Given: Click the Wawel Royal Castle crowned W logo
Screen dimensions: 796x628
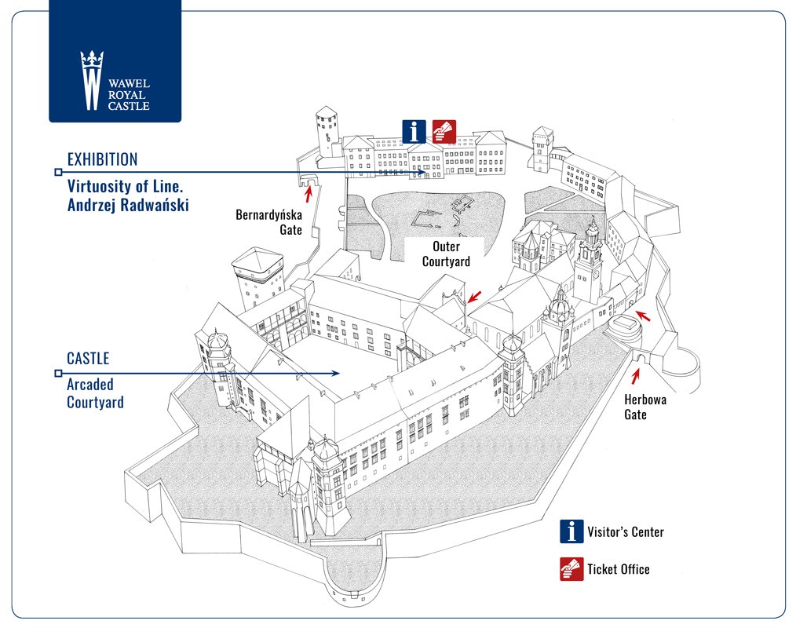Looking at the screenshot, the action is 92,80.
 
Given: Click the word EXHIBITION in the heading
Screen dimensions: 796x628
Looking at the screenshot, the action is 103,159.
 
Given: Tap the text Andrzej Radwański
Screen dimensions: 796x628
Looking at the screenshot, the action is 128,205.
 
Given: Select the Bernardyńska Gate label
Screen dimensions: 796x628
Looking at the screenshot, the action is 268,222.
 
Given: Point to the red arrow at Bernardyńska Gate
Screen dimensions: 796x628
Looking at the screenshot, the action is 308,195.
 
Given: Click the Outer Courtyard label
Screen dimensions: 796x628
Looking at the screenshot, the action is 446,254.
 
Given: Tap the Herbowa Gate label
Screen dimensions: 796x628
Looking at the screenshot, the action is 644,407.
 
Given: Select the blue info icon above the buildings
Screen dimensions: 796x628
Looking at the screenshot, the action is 414,132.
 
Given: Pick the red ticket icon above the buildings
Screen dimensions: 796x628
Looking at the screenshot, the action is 444,132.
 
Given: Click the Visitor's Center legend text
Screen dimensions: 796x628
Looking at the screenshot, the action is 626,532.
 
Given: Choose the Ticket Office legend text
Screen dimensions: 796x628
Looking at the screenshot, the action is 619,569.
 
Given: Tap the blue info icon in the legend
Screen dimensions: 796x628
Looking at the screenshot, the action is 571,531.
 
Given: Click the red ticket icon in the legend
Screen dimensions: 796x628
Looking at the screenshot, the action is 571,569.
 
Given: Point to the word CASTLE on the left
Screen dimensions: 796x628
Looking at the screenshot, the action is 88,359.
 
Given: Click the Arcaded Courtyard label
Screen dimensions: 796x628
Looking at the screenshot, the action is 96,393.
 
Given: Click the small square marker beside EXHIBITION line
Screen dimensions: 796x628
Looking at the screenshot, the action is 58,172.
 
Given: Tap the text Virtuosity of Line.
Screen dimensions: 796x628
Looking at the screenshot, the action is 125,186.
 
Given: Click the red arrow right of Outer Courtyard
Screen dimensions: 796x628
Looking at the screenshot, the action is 475,297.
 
